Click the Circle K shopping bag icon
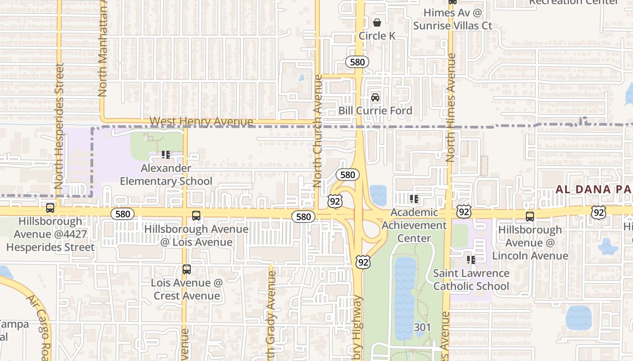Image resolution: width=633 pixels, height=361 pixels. pos(377,22)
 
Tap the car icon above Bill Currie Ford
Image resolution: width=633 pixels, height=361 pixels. pos(375,97)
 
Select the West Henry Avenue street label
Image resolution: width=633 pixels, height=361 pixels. pos(201,122)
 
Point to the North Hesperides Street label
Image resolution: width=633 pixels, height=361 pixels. pos(59,126)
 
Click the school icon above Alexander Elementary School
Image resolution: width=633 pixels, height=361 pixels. pos(166,155)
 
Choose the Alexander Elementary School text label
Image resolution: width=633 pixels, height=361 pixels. pos(166,175)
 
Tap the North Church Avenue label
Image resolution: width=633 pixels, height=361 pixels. pos(317,131)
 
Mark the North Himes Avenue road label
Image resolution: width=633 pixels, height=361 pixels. pos(450,108)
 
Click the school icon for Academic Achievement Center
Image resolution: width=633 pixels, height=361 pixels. pos(414,199)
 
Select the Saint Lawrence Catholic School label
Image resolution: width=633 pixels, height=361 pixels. pos(471,280)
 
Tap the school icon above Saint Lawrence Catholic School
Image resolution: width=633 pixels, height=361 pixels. pos(471,260)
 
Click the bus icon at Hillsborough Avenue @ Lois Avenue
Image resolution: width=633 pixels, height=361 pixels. pos(196,216)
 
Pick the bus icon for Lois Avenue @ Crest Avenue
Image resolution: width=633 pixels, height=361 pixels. pos(186,269)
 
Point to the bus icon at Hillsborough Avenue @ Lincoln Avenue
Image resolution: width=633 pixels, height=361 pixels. pos(530,216)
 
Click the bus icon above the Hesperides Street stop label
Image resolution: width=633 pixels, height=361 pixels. pos(50,208)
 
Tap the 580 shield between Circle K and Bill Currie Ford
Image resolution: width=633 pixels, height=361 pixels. pos(357,62)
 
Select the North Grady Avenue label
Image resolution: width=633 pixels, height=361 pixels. pos(271,311)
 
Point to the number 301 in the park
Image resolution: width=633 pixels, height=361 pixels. pos(422,327)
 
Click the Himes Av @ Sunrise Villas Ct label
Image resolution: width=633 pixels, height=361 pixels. pos(453,19)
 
